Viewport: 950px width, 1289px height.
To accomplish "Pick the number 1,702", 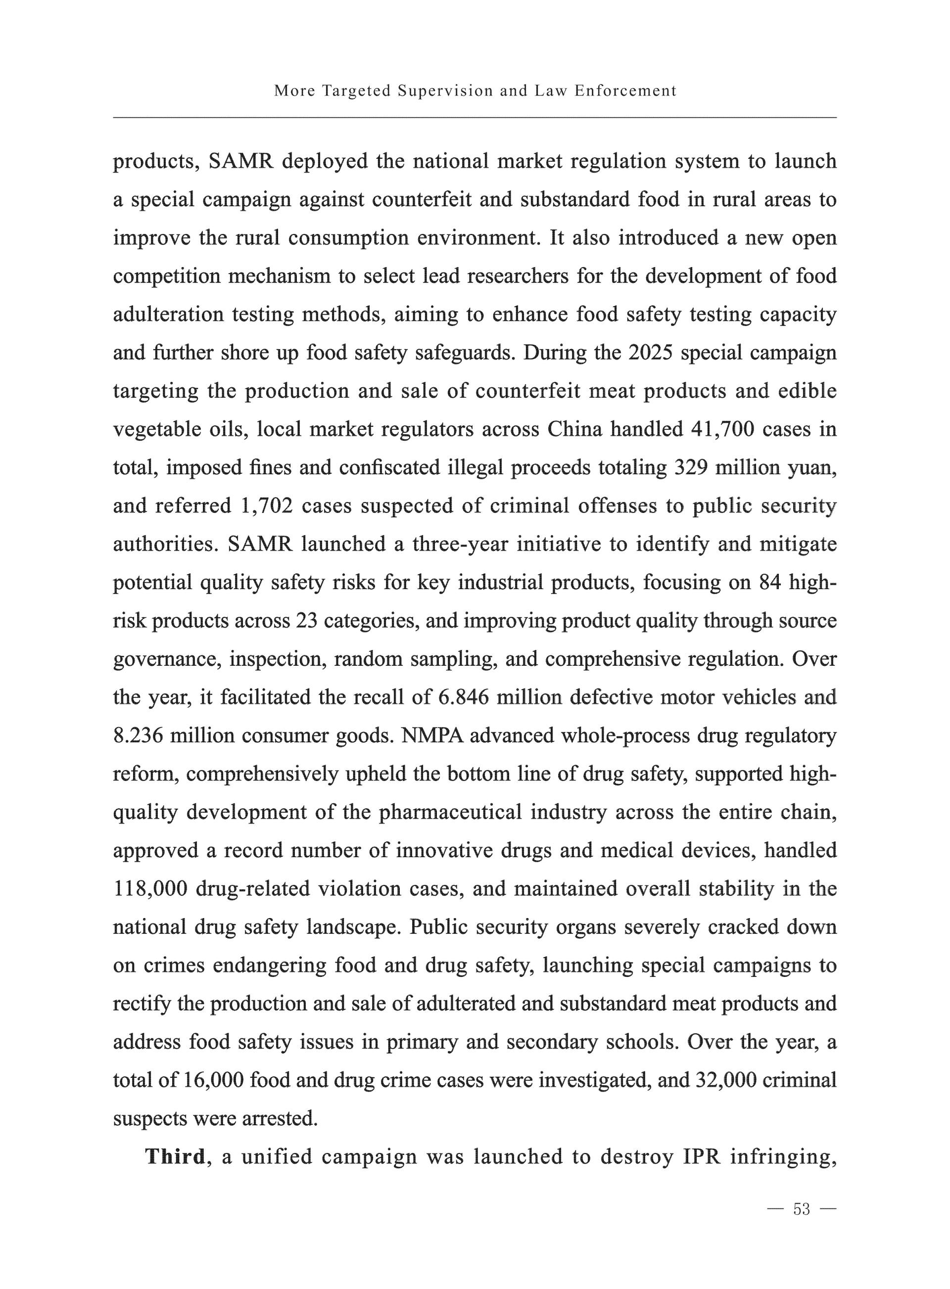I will point(265,506).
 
